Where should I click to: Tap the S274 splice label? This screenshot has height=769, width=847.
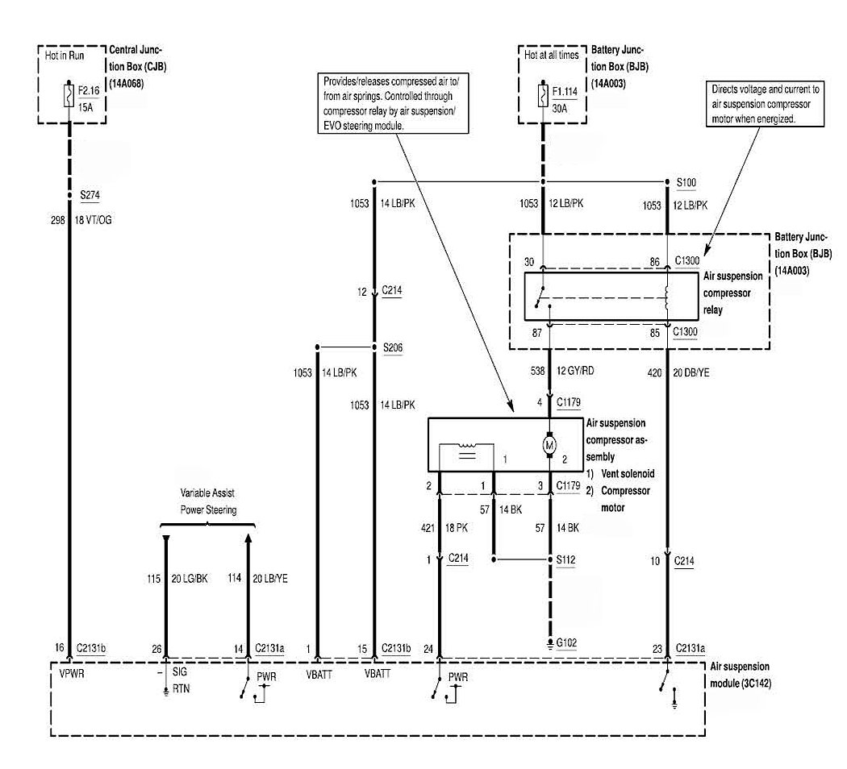(90, 195)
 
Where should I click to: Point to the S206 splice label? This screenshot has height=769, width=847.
(393, 348)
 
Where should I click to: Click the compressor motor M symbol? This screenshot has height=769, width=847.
(550, 445)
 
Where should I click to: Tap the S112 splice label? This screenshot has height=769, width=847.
(567, 559)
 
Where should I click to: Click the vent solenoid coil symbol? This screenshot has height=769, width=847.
(468, 452)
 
